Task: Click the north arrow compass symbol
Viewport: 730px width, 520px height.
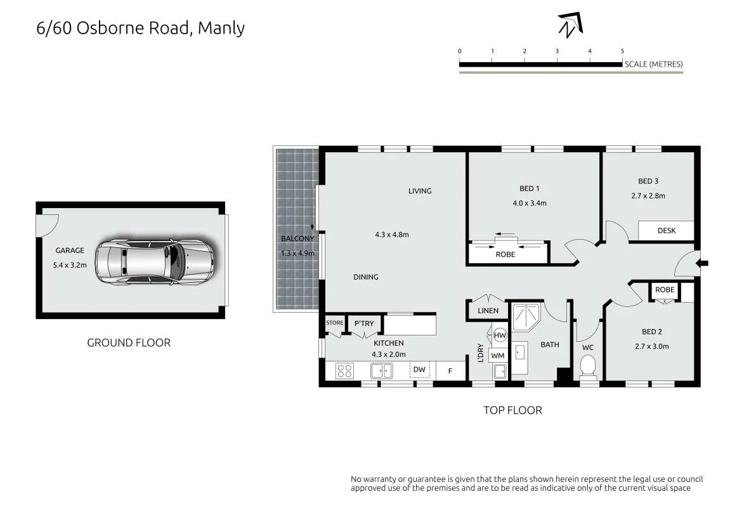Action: [570, 25]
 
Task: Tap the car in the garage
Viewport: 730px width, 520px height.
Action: [155, 261]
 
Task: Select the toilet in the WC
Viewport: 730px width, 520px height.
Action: [588, 366]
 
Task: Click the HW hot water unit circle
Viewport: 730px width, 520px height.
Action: [500, 335]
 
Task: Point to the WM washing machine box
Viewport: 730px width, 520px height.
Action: [498, 355]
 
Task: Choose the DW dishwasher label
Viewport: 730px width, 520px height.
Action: [419, 369]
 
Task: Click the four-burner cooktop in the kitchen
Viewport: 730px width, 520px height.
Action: [345, 370]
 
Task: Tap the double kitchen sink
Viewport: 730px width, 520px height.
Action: [381, 371]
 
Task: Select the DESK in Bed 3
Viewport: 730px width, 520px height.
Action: [666, 230]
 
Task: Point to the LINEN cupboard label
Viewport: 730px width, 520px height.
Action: [488, 311]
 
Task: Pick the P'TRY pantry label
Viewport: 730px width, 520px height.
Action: [364, 323]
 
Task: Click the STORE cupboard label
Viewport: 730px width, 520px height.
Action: [334, 323]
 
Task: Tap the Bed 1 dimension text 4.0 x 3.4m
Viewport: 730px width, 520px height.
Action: [530, 203]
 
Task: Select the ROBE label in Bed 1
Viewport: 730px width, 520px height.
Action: [505, 254]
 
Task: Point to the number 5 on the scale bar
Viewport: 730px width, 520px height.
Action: [622, 51]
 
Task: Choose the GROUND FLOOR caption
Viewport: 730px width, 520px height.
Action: [129, 342]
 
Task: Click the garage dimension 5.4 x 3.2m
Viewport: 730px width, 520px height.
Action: [70, 265]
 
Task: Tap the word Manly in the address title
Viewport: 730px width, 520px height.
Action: [221, 29]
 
